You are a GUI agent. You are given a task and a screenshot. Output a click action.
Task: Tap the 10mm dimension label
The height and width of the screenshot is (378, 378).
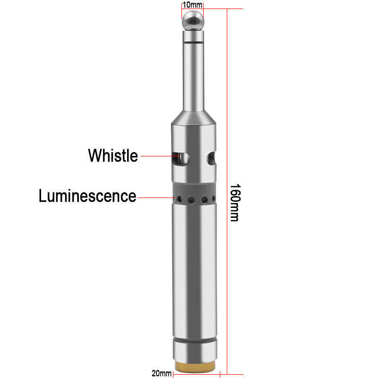coord(192,5)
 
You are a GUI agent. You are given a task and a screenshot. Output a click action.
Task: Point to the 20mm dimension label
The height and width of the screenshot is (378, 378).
coord(162,374)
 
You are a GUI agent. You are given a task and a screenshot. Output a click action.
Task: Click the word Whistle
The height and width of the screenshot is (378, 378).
coord(113,155)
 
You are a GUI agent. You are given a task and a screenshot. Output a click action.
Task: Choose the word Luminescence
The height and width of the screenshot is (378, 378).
coord(87,196)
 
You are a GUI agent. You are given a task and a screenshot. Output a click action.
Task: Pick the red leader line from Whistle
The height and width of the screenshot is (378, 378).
coord(156,155)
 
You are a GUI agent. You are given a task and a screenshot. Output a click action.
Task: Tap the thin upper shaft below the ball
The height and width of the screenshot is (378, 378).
coord(193,76)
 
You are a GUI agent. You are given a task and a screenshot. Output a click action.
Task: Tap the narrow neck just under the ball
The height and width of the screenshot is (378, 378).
coord(193,36)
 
